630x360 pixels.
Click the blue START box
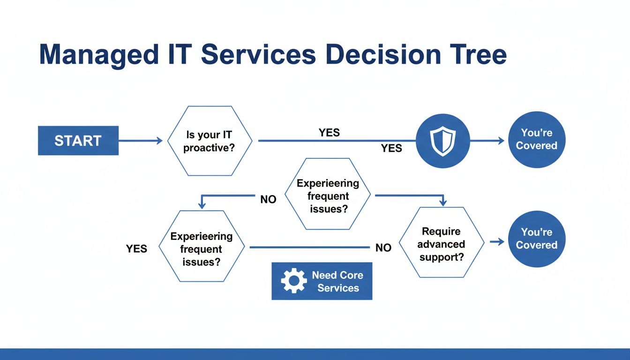point(78,141)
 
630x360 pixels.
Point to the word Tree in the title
point(479,54)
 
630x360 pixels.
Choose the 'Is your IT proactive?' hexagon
point(210,141)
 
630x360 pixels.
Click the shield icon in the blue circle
point(442,141)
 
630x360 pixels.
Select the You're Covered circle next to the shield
point(536,140)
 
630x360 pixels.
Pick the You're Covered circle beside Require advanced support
point(536,239)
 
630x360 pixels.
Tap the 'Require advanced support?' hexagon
point(441,244)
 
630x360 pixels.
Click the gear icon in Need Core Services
point(293,281)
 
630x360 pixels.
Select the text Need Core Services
point(337,281)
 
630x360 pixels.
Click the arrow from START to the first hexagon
point(141,141)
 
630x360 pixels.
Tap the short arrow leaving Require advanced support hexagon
point(497,241)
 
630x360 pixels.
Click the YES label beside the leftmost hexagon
point(136,249)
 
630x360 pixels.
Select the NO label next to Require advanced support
point(383,248)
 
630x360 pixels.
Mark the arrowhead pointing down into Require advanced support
point(442,202)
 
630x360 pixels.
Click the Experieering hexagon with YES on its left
point(202,249)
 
